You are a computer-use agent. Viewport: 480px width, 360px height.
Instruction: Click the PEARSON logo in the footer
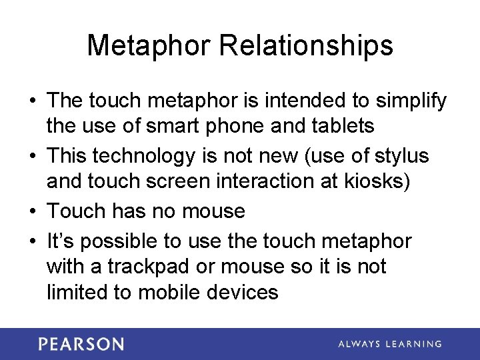81,344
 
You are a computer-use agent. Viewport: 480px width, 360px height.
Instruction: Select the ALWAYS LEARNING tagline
390,344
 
